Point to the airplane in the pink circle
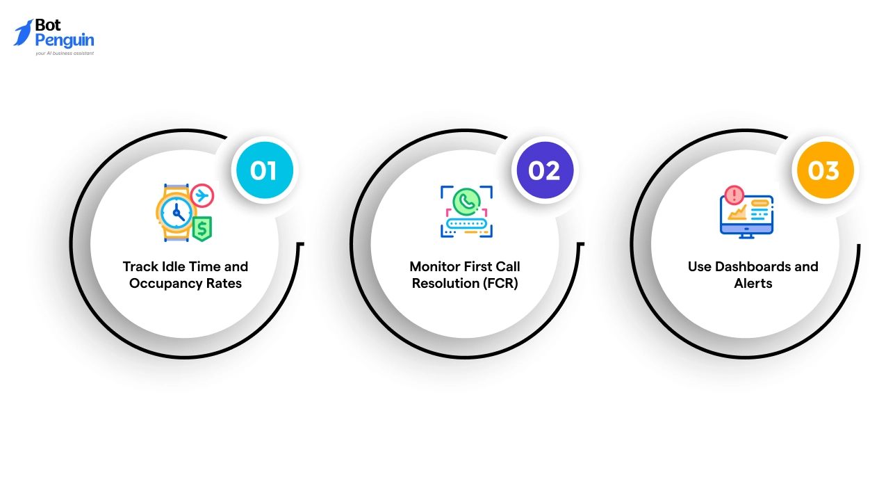[x=202, y=196]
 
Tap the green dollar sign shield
[x=202, y=228]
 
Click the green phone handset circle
[x=466, y=202]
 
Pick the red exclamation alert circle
[x=734, y=195]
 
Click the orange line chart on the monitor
[x=737, y=212]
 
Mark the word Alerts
[x=753, y=283]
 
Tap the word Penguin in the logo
[x=65, y=40]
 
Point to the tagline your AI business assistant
[x=65, y=53]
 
